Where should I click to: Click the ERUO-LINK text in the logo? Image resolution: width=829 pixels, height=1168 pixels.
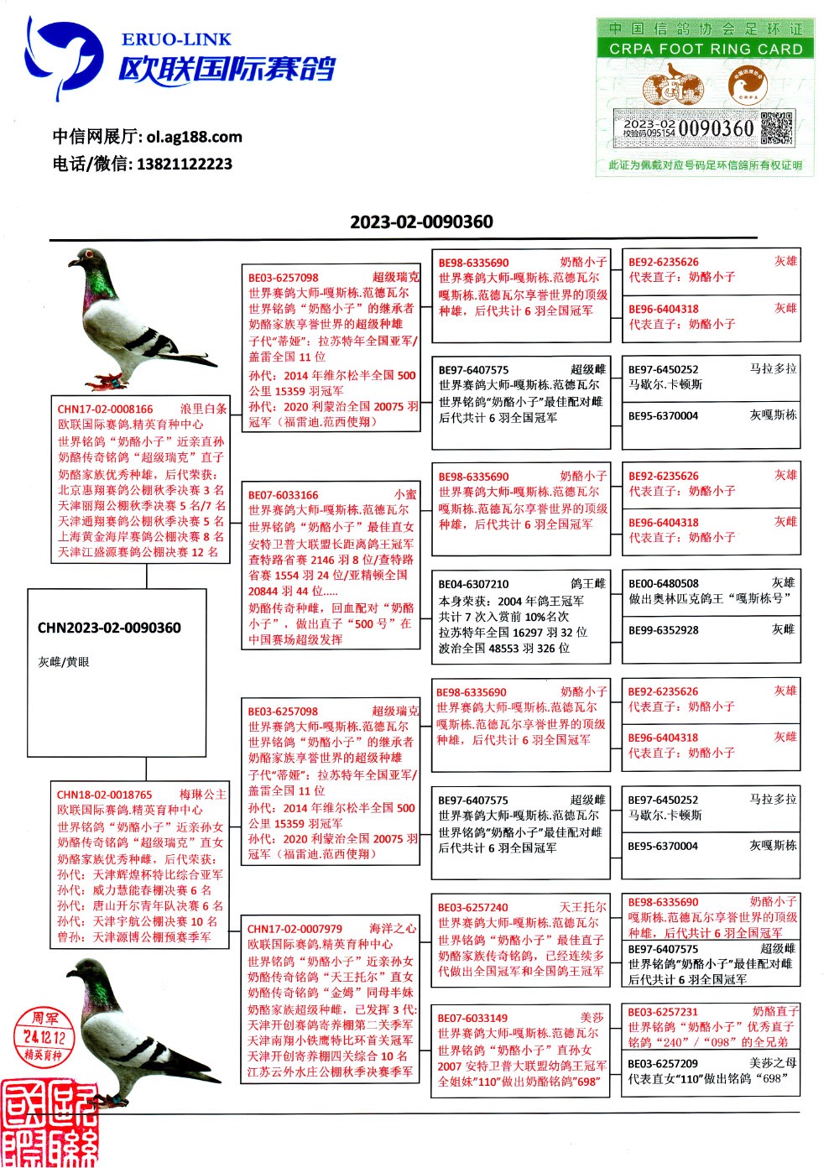pyautogui.click(x=176, y=39)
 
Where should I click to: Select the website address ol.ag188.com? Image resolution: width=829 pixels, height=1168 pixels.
pyautogui.click(x=194, y=137)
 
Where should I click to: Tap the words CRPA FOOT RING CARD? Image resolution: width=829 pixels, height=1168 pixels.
pyautogui.click(x=706, y=49)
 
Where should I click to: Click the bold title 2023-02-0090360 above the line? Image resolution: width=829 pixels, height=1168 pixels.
pyautogui.click(x=421, y=222)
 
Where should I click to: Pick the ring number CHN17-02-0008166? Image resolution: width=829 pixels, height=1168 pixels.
pyautogui.click(x=105, y=409)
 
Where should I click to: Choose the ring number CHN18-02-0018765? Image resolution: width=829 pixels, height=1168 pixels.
pyautogui.click(x=104, y=795)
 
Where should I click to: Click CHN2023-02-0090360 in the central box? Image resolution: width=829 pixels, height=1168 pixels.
pyautogui.click(x=109, y=628)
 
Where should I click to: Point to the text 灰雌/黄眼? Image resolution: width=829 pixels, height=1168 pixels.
pyautogui.click(x=64, y=662)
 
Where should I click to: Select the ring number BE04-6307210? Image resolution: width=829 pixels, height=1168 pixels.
pyautogui.click(x=473, y=584)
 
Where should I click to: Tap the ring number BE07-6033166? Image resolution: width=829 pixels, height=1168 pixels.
pyautogui.click(x=283, y=495)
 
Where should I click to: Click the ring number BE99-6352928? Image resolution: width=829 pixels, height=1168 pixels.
pyautogui.click(x=663, y=630)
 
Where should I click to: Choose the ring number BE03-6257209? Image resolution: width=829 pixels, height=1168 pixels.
pyautogui.click(x=663, y=1063)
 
